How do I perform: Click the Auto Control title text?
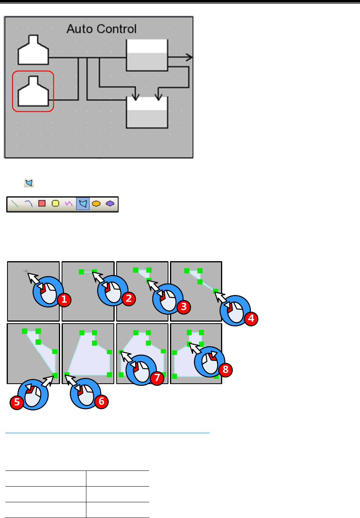pos(101,29)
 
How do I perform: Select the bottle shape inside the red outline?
pos(33,92)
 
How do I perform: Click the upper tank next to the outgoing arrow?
pos(147,55)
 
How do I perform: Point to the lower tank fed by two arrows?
pos(147,113)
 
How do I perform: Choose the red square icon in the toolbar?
pos(42,203)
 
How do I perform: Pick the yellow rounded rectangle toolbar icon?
pos(55,203)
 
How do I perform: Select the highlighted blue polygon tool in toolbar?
pos(83,203)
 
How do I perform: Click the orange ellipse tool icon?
pos(96,203)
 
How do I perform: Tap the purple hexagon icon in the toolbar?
pos(110,203)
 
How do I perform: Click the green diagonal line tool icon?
pos(15,203)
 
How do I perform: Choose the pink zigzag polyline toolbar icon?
pos(69,203)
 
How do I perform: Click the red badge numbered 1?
pos(64,300)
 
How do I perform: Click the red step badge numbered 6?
pos(101,402)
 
